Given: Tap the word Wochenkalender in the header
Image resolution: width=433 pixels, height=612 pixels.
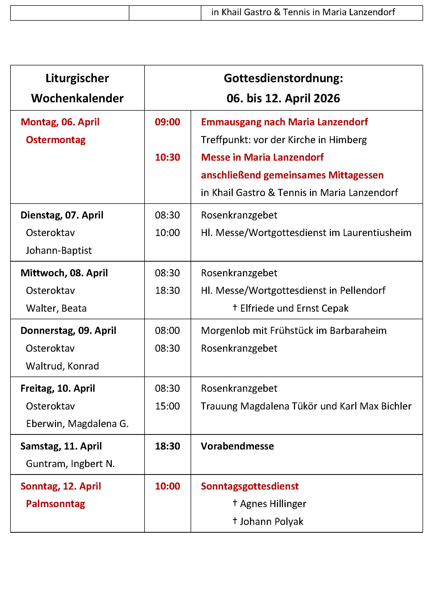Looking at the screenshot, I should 77,98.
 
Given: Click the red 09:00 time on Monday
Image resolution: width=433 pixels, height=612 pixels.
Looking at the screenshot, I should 168,122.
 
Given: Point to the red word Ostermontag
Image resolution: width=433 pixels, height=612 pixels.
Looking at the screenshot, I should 56,140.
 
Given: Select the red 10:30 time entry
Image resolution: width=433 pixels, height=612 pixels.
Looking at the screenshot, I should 168,158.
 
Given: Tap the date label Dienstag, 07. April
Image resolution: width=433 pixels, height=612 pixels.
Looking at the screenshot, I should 62,215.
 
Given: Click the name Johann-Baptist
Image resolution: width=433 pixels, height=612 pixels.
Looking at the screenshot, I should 59,251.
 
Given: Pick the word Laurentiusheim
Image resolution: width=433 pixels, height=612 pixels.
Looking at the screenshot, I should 377,233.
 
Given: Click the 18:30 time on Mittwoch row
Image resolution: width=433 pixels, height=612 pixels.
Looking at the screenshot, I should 168,290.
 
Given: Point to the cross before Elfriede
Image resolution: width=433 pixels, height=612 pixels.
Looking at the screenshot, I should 235,308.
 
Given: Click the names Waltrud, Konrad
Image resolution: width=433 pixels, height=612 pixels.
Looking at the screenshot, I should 62,366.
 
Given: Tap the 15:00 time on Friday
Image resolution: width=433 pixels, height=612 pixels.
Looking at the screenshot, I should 168,406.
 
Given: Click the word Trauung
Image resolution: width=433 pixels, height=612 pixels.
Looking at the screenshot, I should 219,406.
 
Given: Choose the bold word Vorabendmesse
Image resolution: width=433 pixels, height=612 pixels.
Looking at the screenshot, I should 237,446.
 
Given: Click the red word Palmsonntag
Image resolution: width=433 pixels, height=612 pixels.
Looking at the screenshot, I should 55,504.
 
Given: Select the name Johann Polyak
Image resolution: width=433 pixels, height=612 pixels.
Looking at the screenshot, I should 271,522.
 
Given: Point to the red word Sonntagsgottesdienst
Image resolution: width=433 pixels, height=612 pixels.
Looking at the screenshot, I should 249,486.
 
